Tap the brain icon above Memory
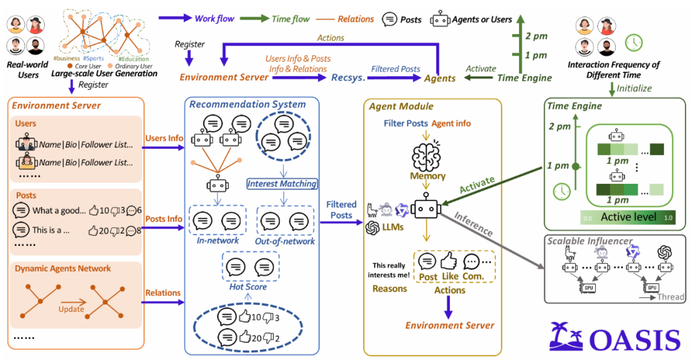pos(427,155)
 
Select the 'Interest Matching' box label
pos(283,184)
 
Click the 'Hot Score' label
pos(247,286)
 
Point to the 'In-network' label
pos(218,240)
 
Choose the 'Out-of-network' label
pos(285,241)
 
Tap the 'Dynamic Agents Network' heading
pos(63,268)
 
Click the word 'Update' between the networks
pos(71,309)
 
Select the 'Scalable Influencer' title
pos(589,241)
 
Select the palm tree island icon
pos(566,337)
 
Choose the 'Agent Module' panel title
pos(401,106)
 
